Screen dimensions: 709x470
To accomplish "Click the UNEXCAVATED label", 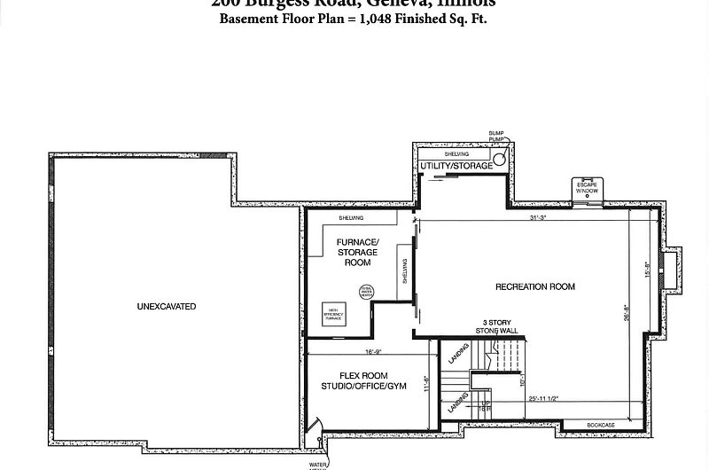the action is point(167,307).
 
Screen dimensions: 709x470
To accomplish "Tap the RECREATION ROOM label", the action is point(535,286).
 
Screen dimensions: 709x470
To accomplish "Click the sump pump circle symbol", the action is point(500,161).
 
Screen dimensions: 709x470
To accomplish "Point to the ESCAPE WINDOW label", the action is point(587,188).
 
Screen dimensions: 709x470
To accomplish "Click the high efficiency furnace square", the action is point(333,314).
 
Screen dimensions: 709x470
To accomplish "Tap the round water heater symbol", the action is point(366,292).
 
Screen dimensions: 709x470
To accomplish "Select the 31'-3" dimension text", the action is point(538,217).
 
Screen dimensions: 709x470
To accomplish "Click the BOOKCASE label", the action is point(600,426).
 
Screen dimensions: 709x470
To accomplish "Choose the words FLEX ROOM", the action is point(364,376).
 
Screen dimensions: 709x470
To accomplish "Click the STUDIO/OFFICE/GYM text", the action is point(364,387).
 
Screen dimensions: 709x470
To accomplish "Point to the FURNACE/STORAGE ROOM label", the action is point(357,252).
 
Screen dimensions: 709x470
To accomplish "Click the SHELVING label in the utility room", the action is point(456,154).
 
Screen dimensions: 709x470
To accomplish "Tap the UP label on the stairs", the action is point(485,406).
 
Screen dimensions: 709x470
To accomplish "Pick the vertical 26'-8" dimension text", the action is point(627,312).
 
